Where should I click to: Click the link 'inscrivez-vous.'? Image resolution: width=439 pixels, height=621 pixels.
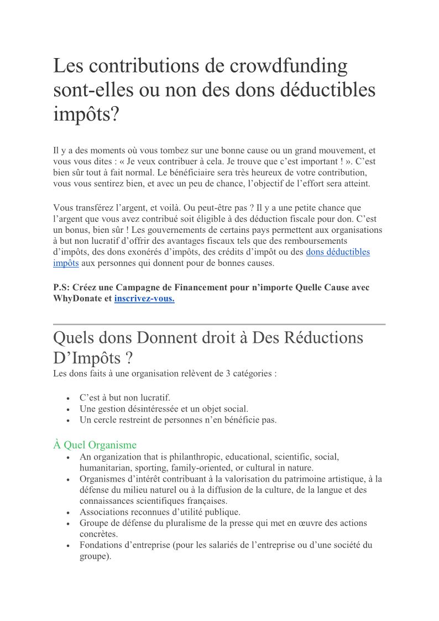[x=144, y=299]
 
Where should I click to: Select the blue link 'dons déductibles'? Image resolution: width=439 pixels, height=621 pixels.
[x=338, y=252]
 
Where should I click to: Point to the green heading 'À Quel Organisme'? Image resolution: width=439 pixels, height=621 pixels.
[x=95, y=445]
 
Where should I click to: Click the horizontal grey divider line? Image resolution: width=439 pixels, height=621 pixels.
[x=219, y=324]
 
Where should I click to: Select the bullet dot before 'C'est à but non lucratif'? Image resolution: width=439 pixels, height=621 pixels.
[x=67, y=398]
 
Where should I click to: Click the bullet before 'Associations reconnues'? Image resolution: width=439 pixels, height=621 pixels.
[x=67, y=513]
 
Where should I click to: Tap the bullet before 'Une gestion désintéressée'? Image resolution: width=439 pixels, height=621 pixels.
[x=67, y=409]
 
